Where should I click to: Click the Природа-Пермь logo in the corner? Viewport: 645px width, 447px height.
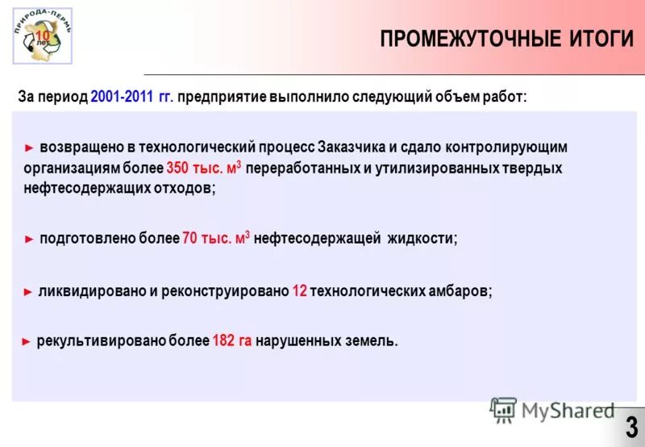[42, 36]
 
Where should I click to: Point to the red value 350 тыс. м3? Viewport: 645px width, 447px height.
[204, 169]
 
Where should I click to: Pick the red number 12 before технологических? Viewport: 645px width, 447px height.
[299, 292]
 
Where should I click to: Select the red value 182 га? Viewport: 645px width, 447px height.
[232, 341]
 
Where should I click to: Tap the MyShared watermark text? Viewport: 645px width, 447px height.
[568, 411]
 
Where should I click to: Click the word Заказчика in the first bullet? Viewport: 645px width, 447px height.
[352, 148]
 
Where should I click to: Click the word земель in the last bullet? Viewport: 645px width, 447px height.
[373, 341]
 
